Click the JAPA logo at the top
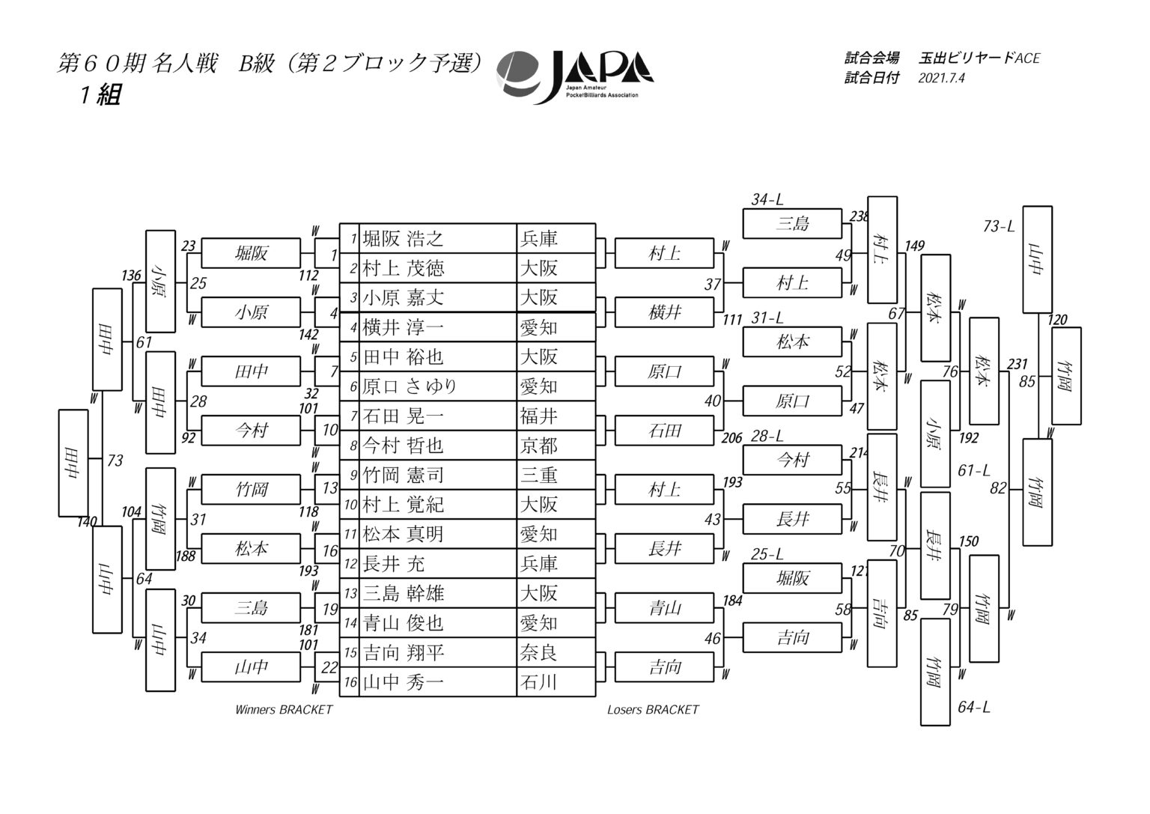(x=575, y=77)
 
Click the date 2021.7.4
(x=941, y=78)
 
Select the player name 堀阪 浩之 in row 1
(x=403, y=239)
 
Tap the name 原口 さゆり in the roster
(x=410, y=386)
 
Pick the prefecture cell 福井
(x=538, y=416)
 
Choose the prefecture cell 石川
(x=538, y=682)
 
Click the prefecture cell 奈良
(x=538, y=653)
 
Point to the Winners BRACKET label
(x=284, y=710)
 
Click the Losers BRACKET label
(x=653, y=710)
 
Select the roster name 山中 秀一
(x=403, y=682)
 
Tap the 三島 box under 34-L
(x=792, y=223)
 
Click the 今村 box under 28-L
(x=792, y=460)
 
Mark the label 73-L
(x=999, y=226)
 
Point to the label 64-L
(x=974, y=707)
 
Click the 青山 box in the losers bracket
(x=664, y=608)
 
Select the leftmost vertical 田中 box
(x=73, y=463)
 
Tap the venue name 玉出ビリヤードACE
(x=979, y=58)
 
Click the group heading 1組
(x=100, y=95)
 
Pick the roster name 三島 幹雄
(x=403, y=594)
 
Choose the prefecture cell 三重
(x=538, y=475)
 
